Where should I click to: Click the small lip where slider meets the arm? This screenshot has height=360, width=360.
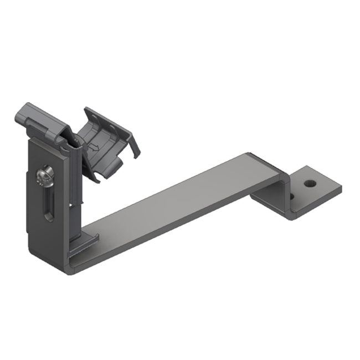pos(89,239)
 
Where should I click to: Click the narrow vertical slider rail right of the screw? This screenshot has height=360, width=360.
pos(72,188)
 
